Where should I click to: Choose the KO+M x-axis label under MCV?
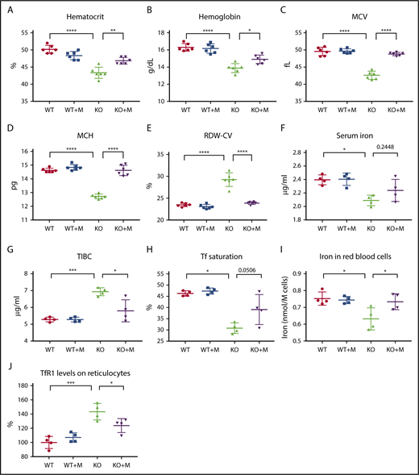click(396, 110)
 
